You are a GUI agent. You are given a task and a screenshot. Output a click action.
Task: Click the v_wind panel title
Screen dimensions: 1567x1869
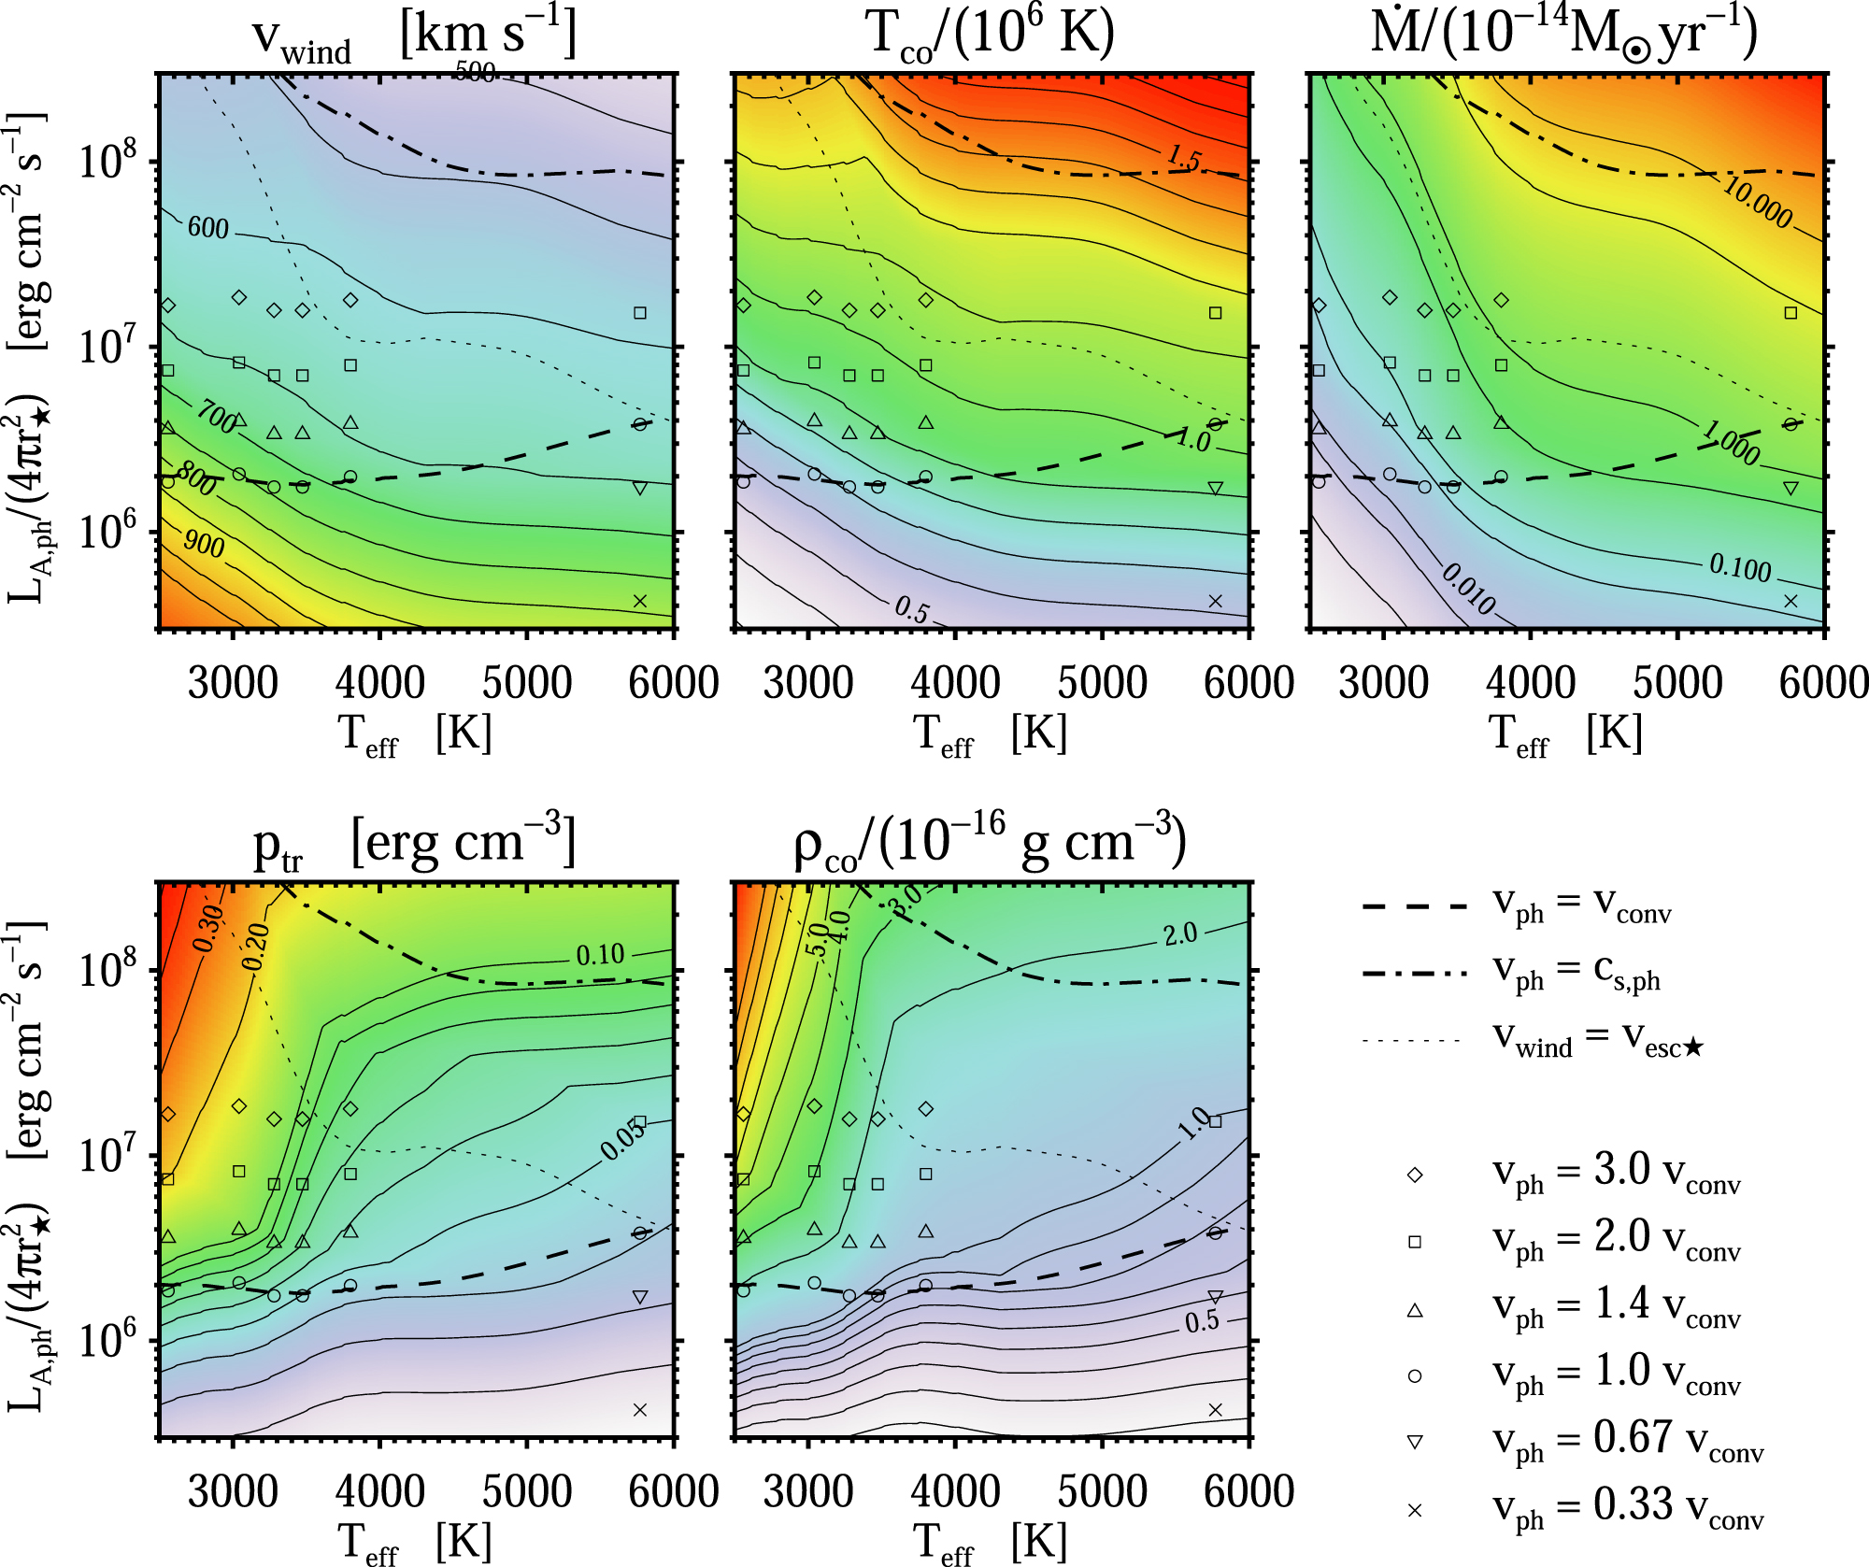coord(414,36)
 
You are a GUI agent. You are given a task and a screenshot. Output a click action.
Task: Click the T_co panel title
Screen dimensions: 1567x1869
coord(991,36)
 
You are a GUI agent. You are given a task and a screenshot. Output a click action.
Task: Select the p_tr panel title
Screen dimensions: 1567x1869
coord(414,844)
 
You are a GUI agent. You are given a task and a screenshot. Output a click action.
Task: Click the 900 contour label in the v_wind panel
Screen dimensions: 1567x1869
coord(204,543)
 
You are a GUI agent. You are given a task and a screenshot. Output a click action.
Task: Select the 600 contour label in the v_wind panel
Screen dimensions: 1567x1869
coord(207,228)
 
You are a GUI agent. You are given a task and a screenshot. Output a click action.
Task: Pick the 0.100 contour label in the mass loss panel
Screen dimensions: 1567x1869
coord(1740,567)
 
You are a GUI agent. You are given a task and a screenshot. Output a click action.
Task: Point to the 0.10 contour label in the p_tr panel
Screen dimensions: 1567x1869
coord(600,955)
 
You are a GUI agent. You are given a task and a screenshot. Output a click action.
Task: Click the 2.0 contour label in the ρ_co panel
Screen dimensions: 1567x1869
coord(1179,934)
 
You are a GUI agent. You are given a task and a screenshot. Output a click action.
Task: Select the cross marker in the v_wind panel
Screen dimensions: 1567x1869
coord(640,601)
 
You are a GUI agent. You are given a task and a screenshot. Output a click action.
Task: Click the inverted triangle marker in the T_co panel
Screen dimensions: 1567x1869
coord(1215,488)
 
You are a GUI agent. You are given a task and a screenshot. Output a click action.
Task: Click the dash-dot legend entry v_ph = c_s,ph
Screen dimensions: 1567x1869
coord(1514,974)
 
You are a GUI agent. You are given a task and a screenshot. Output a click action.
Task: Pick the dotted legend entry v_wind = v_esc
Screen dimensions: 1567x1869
coord(1533,1040)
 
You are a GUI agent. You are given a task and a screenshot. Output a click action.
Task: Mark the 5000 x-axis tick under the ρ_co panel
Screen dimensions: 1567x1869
coord(1102,1493)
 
